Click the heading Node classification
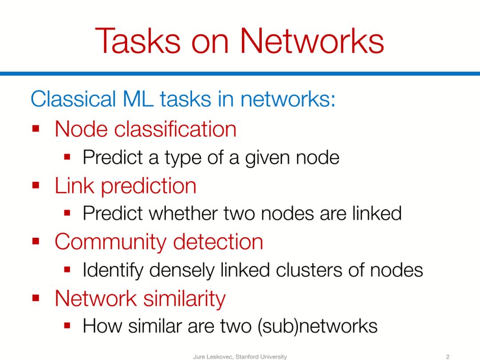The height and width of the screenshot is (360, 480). pos(145,129)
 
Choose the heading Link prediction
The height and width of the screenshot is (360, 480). pos(125,185)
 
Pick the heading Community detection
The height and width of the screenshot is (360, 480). pos(159,242)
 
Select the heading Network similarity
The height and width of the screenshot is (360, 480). pos(140,298)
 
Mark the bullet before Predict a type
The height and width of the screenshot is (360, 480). pos(68,158)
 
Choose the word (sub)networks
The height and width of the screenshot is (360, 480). pos(317,327)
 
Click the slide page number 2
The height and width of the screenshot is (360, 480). pos(448,356)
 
